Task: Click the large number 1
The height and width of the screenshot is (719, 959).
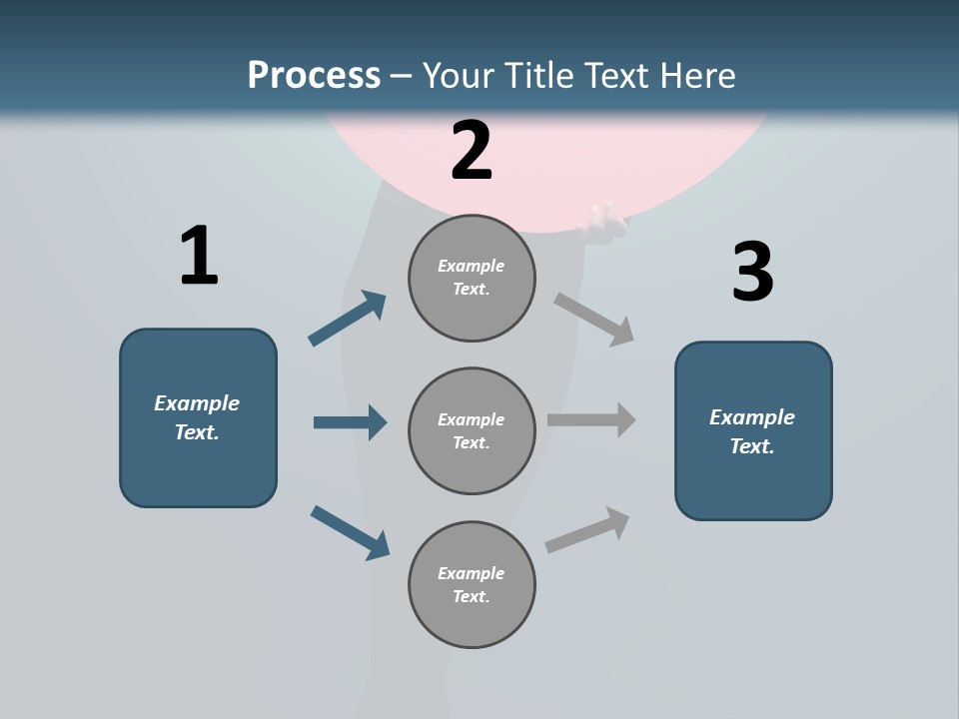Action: click(x=199, y=257)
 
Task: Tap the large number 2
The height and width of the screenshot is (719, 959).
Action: click(x=472, y=151)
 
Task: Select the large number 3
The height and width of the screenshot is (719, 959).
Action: click(x=752, y=273)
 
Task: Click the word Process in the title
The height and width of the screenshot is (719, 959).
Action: click(x=314, y=75)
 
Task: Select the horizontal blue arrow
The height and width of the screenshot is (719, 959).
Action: click(x=350, y=422)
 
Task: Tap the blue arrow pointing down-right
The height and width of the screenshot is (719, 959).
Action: click(x=350, y=532)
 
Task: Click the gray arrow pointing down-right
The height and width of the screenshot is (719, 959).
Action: click(x=594, y=319)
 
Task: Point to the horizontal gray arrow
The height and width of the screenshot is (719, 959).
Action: click(x=591, y=420)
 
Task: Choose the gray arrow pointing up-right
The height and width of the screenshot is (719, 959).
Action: click(x=587, y=530)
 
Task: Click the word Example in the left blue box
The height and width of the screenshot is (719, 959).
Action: click(x=197, y=403)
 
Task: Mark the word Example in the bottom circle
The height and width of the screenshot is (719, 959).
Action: click(x=472, y=573)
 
